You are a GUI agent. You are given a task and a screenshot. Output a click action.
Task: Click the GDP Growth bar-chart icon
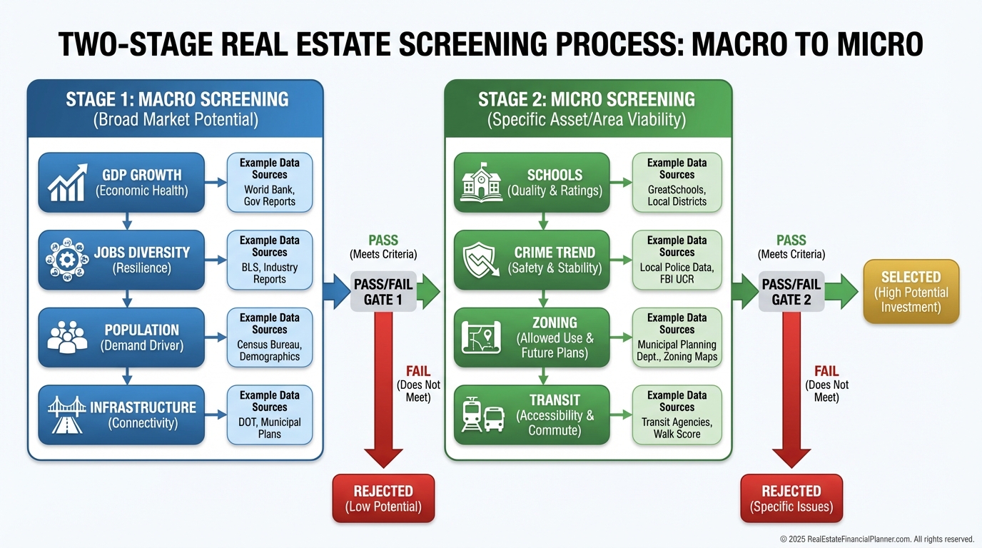coord(67,183)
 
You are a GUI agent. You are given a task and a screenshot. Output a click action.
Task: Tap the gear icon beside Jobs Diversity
coord(67,260)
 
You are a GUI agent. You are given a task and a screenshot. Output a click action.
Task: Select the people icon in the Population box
coord(67,337)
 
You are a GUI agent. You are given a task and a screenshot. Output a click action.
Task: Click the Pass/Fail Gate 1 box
coord(383,292)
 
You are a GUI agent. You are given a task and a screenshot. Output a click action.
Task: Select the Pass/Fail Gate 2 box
coord(791,292)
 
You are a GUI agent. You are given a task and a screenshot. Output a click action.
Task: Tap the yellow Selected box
coord(911,291)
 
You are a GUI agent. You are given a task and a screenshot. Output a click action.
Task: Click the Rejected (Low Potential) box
coord(383,498)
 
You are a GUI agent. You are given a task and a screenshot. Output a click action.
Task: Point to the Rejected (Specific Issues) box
coord(791,498)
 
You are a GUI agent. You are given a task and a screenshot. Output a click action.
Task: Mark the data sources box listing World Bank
coord(269,182)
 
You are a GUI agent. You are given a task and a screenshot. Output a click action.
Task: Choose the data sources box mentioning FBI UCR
coord(677,260)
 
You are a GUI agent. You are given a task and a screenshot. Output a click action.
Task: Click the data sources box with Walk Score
coord(677,415)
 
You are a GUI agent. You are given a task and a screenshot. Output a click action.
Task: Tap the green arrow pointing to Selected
coord(842,292)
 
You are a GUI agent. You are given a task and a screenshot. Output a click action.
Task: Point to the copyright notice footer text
coord(876,539)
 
